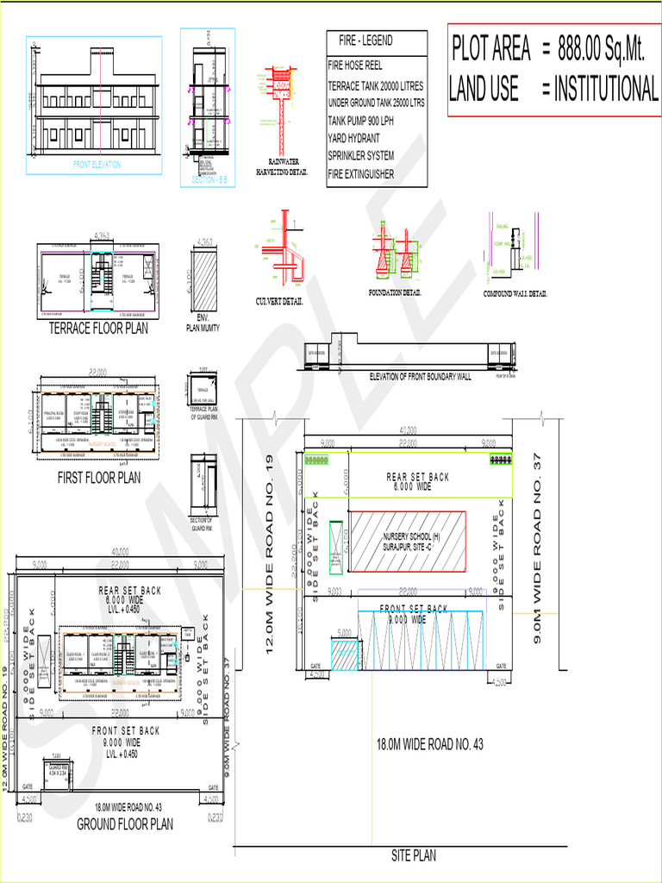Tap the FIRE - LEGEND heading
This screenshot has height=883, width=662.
pyautogui.click(x=365, y=41)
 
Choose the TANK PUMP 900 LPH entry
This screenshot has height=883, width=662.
pyautogui.click(x=366, y=120)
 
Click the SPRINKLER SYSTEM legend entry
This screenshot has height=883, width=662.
pyautogui.click(x=361, y=156)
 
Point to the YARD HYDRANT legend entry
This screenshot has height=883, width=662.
pyautogui.click(x=353, y=138)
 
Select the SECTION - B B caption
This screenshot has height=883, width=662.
pyautogui.click(x=207, y=179)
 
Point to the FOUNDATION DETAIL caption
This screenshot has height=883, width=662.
pyautogui.click(x=395, y=293)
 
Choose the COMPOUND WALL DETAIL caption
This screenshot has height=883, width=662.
pyautogui.click(x=515, y=294)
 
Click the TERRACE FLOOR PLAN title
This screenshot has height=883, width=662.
pyautogui.click(x=97, y=329)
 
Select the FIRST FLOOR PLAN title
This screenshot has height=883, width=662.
pyautogui.click(x=98, y=478)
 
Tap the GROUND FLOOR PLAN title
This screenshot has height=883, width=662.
pyautogui.click(x=125, y=824)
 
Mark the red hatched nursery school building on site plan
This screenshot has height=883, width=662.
pyautogui.click(x=406, y=542)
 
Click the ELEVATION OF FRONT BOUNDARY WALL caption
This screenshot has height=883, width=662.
pyautogui.click(x=420, y=377)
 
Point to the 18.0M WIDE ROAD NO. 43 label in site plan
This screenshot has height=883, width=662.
pyautogui.click(x=429, y=744)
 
